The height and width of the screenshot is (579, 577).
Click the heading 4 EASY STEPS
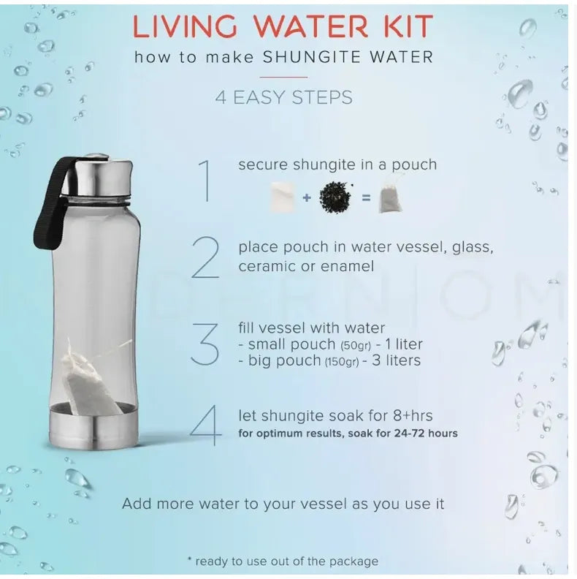pos(284,97)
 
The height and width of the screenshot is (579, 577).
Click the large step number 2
pos(206,258)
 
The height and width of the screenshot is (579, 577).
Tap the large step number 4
pos(207,425)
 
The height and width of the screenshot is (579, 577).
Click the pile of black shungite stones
pos(335,197)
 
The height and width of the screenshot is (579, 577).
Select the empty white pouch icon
pos(283,197)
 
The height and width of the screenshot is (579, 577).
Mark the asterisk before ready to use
pos(191,560)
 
